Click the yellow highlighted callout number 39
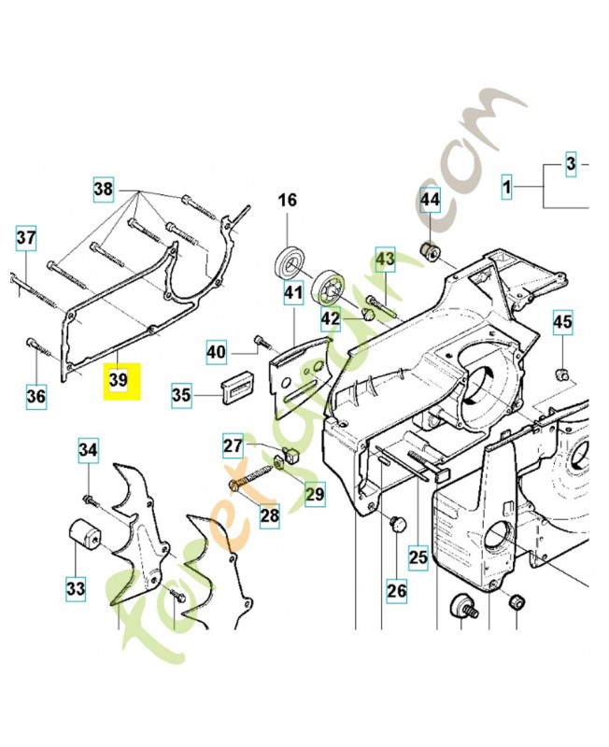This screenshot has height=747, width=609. pos(119,381)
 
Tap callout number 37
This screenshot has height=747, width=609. pos(27,238)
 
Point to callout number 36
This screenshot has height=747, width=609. pos(35,396)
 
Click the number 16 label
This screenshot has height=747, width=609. pos(287,201)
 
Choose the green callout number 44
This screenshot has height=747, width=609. pos(429,201)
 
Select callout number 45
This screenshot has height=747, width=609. pos(561,323)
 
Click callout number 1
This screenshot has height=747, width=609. pos(506,190)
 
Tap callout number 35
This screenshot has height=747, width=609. pos(181,396)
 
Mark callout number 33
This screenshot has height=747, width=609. pos(75,588)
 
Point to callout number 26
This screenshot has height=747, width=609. pos(397,590)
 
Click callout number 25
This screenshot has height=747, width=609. pos(418,558)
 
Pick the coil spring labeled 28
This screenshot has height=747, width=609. pos(251,476)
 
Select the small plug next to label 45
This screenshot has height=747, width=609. pos(562,374)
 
